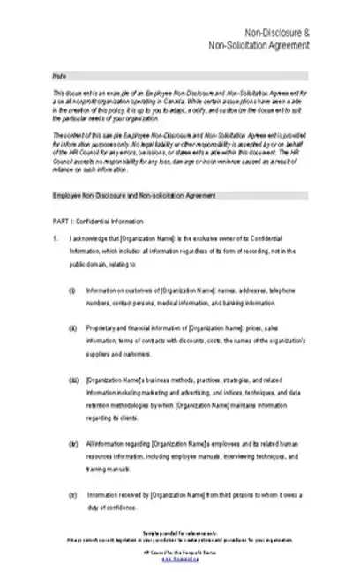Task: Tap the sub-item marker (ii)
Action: tap(72, 327)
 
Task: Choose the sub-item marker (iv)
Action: tap(72, 442)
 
